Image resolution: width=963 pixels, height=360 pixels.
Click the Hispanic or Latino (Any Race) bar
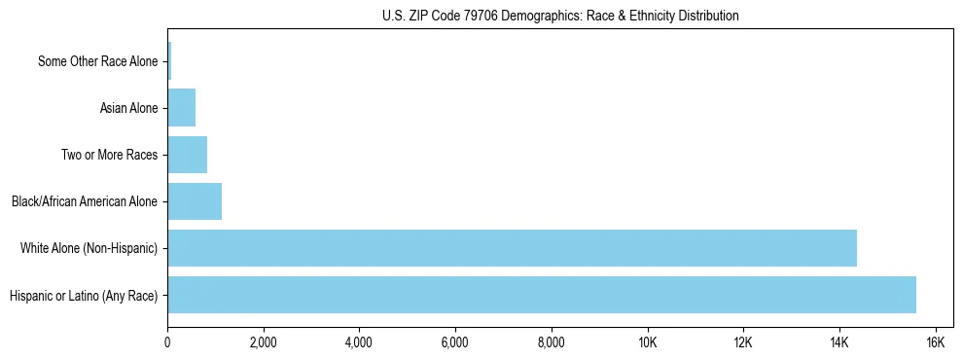click(x=542, y=295)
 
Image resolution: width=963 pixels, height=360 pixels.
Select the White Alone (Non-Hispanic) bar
click(x=512, y=248)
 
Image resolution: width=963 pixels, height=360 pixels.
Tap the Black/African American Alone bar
click(x=195, y=201)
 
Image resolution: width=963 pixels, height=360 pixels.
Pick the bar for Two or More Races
click(x=187, y=155)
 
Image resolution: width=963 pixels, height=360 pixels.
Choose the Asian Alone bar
click(x=181, y=108)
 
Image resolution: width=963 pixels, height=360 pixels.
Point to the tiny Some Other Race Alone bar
click(x=169, y=61)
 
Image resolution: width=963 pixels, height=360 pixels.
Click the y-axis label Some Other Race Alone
click(x=97, y=62)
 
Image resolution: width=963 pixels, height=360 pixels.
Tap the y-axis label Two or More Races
click(x=109, y=156)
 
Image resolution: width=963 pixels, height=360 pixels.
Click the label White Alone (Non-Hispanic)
click(x=89, y=249)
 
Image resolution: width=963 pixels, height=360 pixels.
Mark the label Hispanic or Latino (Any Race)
click(x=84, y=296)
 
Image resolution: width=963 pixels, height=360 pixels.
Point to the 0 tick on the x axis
click(x=167, y=342)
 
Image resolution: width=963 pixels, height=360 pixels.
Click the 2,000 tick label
click(x=264, y=342)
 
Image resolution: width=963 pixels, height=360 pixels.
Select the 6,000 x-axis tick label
click(x=455, y=342)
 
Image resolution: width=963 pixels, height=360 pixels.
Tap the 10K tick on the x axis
click(x=647, y=342)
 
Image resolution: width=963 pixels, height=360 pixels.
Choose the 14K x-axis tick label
click(x=838, y=342)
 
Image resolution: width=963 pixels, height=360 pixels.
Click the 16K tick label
click(x=935, y=342)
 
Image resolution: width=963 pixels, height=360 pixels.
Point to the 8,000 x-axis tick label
click(x=552, y=342)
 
